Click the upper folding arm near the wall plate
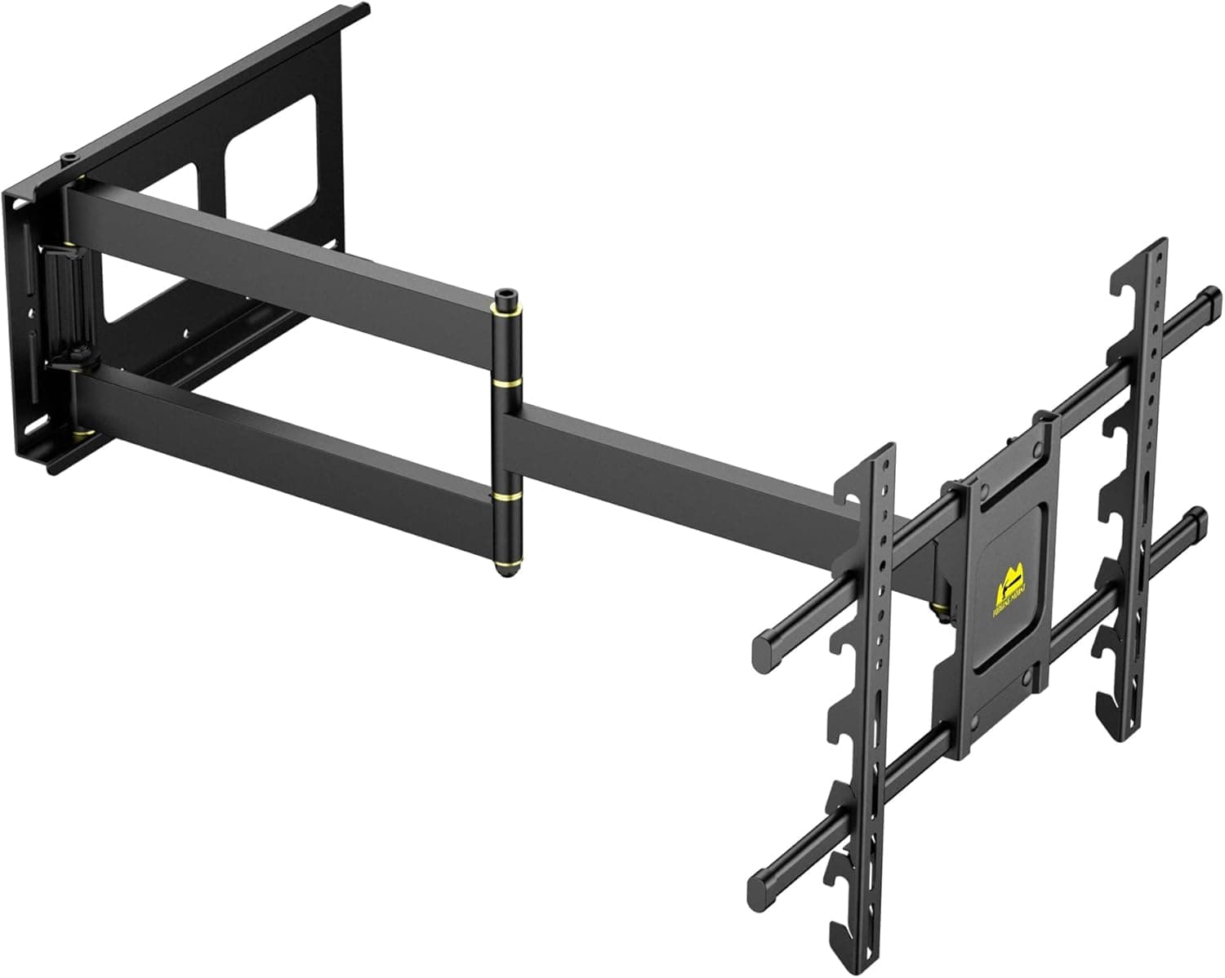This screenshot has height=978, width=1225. coord(278,244)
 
